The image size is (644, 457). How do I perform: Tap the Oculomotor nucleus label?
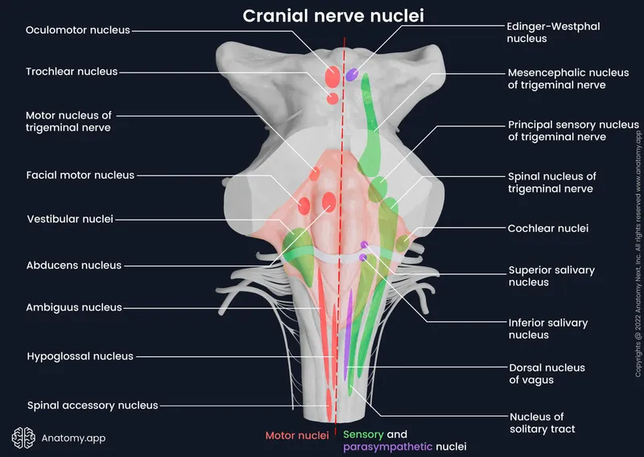[77, 30]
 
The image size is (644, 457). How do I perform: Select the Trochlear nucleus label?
[72, 72]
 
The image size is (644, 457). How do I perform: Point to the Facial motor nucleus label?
[80, 175]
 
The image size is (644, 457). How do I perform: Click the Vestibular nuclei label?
[69, 218]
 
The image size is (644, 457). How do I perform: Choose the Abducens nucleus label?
[73, 265]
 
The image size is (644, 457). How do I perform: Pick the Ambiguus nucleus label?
[74, 307]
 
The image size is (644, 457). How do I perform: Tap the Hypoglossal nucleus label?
[80, 356]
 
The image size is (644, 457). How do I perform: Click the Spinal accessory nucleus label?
[92, 406]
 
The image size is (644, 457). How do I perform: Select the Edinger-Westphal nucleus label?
[554, 32]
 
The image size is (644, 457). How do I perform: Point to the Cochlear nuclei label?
[548, 228]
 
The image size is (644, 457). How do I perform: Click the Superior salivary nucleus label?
[551, 276]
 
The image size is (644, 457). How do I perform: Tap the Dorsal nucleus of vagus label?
[547, 373]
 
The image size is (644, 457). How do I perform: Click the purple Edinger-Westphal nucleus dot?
[352, 75]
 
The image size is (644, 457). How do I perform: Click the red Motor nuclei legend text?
[297, 434]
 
